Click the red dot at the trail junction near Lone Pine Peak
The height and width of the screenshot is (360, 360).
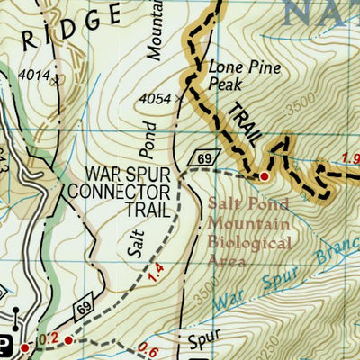click(x=265, y=175)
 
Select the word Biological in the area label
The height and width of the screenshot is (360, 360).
click(x=249, y=243)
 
